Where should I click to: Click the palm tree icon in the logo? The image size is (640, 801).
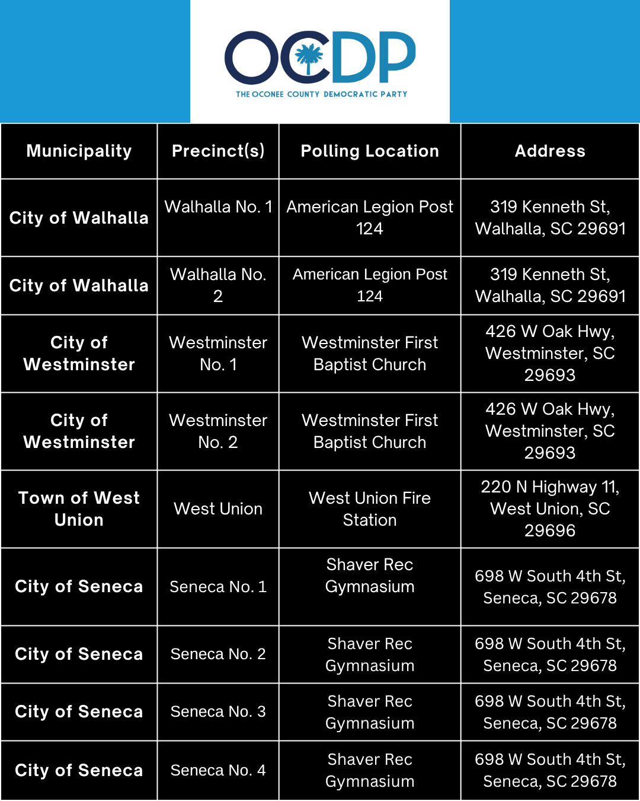pos(309,56)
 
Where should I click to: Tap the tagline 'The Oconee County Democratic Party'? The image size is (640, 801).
pos(321,94)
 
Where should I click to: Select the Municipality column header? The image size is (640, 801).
pos(79,151)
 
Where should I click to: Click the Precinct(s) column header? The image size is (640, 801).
pos(218,151)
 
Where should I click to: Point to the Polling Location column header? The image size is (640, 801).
pos(370,151)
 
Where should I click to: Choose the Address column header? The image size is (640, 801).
pos(550,151)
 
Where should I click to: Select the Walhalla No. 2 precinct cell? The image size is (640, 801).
pos(218,285)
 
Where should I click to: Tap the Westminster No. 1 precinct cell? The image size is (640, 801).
pos(218,354)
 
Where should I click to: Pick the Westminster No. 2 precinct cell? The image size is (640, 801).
pos(218,431)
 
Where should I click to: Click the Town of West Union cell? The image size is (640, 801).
pos(79,509)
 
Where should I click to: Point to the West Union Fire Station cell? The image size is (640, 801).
pos(370,509)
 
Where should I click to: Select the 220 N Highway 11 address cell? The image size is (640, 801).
pos(550,509)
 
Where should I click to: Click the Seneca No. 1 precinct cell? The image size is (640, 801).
pos(218,587)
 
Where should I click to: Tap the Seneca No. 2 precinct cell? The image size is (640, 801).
pos(218,654)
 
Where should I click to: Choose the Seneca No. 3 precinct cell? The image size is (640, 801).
pos(218,711)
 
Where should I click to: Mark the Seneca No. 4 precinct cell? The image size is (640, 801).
pos(218,770)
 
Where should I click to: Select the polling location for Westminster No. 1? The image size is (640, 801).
pos(370,354)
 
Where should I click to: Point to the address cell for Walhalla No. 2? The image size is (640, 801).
pos(550,285)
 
